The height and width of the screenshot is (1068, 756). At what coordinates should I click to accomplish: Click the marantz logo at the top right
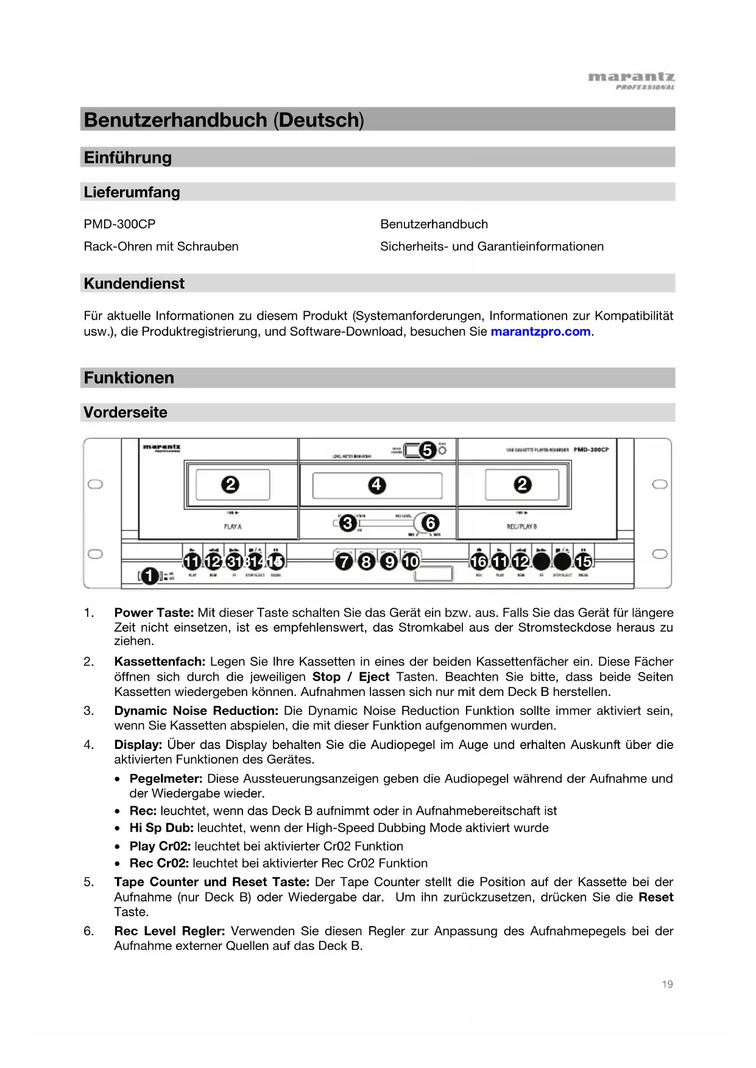click(631, 80)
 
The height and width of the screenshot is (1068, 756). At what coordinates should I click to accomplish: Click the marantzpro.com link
click(540, 332)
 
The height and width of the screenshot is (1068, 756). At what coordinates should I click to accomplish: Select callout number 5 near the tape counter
click(428, 451)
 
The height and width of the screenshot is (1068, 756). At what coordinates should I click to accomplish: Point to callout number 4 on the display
click(377, 485)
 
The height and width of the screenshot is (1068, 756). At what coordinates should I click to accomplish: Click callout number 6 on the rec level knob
click(430, 523)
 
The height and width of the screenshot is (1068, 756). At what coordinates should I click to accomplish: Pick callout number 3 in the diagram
click(347, 523)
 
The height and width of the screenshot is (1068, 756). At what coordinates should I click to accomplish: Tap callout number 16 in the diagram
click(479, 561)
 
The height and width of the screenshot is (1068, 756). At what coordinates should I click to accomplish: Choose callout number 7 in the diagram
click(344, 561)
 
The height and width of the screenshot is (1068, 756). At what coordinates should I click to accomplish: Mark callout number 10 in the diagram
click(411, 561)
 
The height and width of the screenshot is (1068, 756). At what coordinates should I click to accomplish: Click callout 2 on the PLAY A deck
click(230, 485)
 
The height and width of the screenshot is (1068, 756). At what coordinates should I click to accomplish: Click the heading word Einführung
click(128, 158)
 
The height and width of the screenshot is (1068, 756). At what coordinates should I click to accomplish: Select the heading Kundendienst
click(134, 284)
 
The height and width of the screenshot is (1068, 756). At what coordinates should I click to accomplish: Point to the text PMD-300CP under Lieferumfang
click(119, 224)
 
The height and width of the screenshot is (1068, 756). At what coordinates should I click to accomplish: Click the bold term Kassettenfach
click(160, 662)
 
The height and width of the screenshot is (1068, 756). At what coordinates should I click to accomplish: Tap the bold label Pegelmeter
click(166, 779)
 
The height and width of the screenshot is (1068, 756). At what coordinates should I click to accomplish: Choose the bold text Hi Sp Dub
click(161, 828)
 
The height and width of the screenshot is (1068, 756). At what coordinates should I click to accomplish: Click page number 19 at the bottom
click(667, 984)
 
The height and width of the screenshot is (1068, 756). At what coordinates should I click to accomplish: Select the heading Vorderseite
click(125, 413)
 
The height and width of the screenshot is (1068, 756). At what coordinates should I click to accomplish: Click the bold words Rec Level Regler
click(169, 931)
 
